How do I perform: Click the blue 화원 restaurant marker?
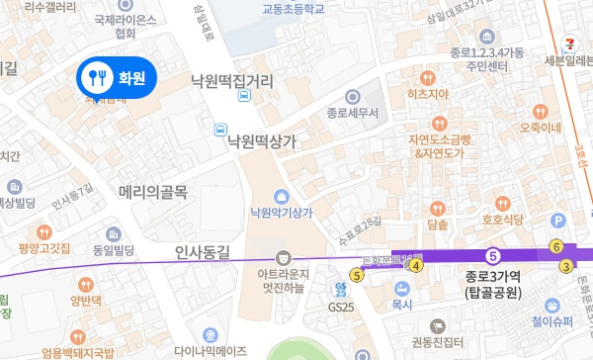(117, 75)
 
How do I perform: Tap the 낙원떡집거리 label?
(231, 82)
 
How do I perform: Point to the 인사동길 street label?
(202, 252)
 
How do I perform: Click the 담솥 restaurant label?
(437, 225)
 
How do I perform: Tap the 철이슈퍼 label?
(551, 320)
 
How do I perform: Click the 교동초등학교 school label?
(294, 8)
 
